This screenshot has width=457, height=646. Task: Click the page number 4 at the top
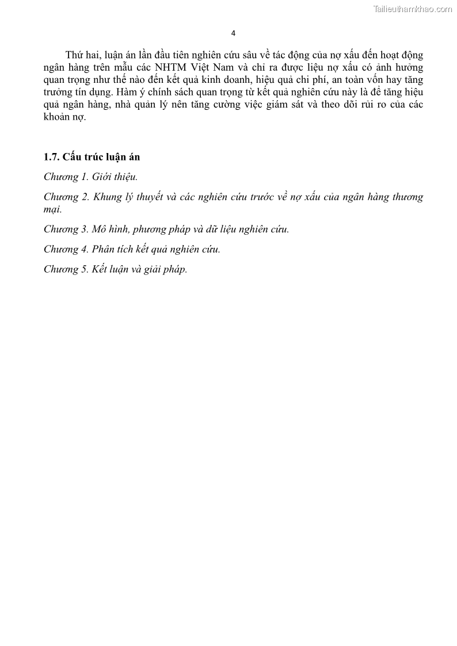(x=233, y=33)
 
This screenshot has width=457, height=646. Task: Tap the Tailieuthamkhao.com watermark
(x=413, y=9)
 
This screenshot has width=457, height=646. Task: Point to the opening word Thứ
(x=74, y=55)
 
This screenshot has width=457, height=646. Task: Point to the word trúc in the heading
(x=93, y=157)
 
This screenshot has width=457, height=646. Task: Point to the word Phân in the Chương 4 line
(x=104, y=249)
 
